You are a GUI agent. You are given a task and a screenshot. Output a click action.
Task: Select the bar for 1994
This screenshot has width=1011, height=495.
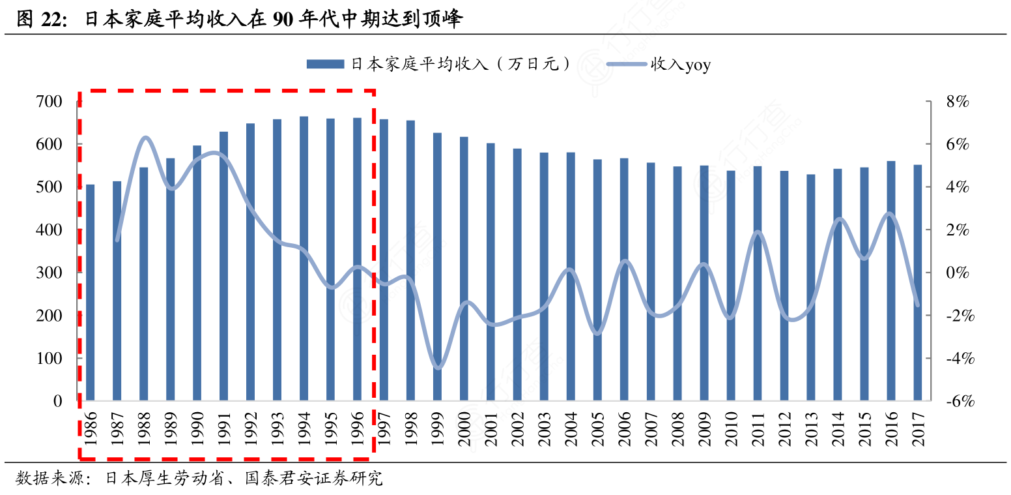[304, 258]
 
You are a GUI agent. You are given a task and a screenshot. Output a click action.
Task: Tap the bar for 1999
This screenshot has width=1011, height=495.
[437, 267]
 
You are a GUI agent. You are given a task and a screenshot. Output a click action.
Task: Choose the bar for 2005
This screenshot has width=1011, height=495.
[597, 280]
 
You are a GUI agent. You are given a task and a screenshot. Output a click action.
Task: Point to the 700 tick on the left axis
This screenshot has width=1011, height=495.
[50, 102]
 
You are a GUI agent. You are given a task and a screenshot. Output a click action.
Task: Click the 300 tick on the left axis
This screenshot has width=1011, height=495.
[50, 273]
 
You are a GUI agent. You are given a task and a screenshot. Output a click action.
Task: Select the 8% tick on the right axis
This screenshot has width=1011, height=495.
[957, 102]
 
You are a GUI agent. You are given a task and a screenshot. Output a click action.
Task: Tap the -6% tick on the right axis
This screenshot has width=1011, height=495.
[959, 401]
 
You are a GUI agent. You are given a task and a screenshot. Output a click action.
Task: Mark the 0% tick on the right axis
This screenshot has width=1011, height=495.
[957, 273]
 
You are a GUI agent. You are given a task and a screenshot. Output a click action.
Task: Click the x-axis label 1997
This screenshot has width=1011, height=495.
[384, 428]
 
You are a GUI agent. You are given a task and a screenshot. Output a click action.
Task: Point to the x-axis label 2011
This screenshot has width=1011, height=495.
[758, 428]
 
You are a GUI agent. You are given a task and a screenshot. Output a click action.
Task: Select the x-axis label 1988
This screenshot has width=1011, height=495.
[144, 428]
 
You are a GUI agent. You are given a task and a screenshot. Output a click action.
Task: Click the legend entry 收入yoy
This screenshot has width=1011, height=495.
[680, 64]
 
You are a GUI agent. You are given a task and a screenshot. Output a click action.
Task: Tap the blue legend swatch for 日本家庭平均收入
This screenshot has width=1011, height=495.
[325, 64]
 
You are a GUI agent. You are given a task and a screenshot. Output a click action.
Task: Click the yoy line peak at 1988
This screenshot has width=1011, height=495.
[145, 138]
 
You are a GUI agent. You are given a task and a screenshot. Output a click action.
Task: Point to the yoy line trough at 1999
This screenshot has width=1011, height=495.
[437, 367]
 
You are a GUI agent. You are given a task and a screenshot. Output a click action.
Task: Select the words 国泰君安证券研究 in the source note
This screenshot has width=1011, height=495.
[313, 479]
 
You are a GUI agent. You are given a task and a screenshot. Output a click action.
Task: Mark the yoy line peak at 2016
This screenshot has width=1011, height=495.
[890, 213]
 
